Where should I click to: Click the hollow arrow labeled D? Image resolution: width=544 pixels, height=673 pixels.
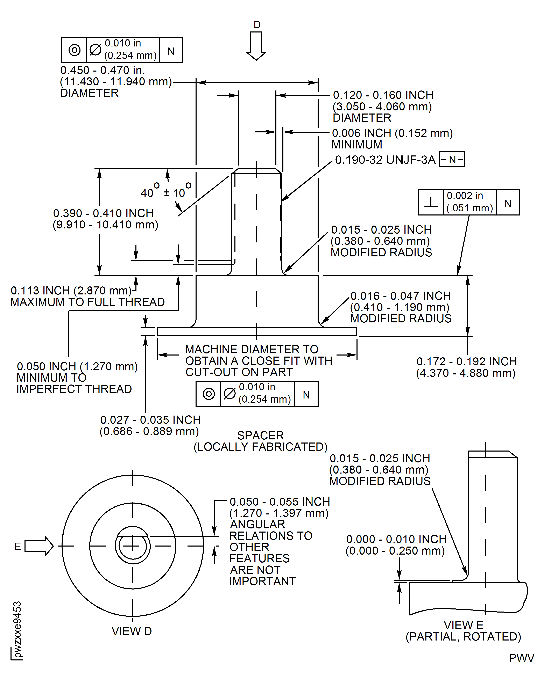point(256,45)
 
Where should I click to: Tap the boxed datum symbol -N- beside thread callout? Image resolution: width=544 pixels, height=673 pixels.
point(452,159)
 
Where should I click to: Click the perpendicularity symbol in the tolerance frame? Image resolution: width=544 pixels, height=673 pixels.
point(431,202)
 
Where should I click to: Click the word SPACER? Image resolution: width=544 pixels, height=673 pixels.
point(260,436)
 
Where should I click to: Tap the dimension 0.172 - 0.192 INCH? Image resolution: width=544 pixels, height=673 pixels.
point(466,361)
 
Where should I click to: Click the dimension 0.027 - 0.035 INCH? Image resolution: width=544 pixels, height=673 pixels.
point(150,420)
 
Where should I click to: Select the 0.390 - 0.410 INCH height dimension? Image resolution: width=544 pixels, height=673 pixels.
point(103,213)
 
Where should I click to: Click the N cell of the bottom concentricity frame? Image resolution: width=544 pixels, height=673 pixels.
point(306,395)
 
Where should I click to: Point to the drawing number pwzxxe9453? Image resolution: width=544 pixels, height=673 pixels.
point(17,629)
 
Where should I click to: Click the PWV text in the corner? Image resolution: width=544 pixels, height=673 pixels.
point(521,658)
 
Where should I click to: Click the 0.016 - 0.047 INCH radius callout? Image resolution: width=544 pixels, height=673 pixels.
point(401,296)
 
